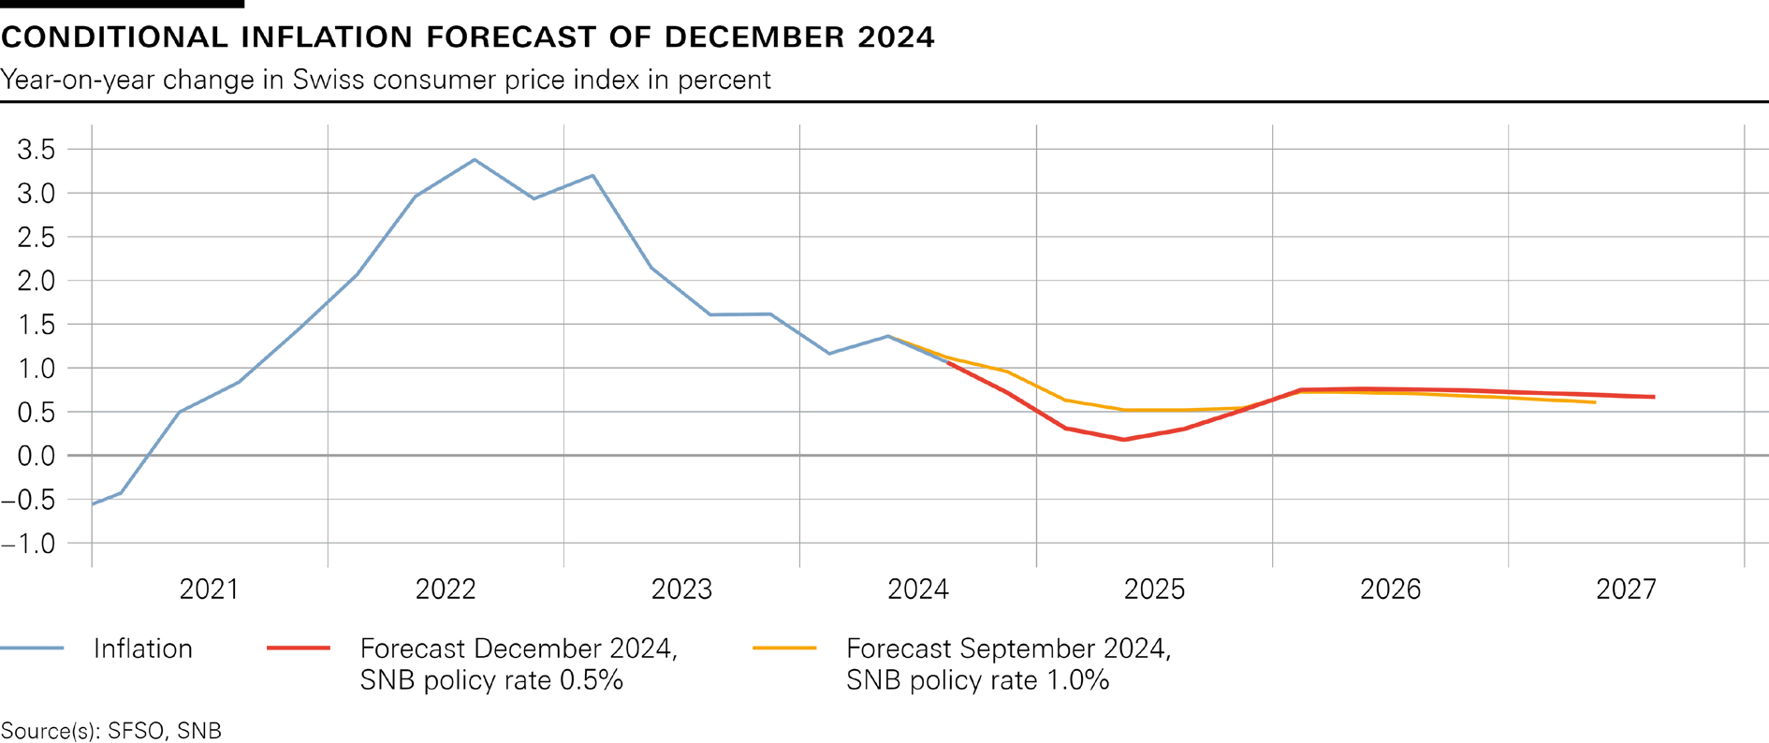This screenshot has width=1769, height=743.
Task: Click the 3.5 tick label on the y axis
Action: tap(37, 150)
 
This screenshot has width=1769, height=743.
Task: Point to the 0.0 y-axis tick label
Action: tap(37, 456)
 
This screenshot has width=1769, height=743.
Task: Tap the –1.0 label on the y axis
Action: tap(29, 544)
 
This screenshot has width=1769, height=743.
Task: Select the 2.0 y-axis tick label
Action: tap(37, 281)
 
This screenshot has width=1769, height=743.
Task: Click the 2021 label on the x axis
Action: tap(210, 590)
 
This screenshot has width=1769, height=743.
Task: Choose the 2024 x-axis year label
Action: tap(918, 590)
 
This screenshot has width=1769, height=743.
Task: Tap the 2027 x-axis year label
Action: tap(1626, 590)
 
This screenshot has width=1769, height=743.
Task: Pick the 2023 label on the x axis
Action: tap(681, 590)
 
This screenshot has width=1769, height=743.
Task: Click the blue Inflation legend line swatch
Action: tap(32, 648)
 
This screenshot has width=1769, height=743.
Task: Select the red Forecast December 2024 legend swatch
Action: tap(299, 648)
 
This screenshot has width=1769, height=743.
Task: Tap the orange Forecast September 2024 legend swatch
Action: tap(784, 648)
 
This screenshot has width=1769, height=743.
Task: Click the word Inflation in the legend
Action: tap(143, 648)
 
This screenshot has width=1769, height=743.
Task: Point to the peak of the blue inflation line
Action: tap(475, 160)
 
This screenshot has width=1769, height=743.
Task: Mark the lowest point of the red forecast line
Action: tap(1123, 439)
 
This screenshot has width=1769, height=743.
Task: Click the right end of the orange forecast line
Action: tap(1595, 402)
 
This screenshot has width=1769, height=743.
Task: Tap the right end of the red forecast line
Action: tap(1654, 397)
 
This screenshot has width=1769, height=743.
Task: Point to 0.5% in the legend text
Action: tap(591, 680)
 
